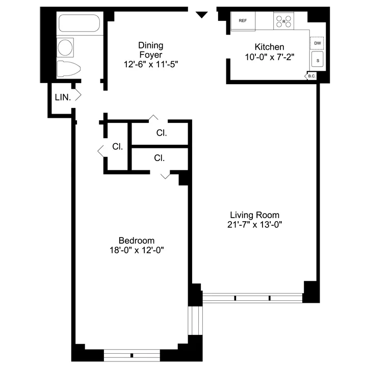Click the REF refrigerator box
243,21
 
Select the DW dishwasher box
317,43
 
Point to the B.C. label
311,76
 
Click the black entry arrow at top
202,15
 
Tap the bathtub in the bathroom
81,24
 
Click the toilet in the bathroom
68,69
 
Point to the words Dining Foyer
151,50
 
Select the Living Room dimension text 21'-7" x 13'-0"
254,224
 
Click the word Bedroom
136,241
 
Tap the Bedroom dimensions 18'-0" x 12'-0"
136,250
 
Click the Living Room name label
254,215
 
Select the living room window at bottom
253,297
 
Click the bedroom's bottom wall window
132,355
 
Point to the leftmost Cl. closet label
117,147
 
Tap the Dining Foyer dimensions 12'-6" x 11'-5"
151,64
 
